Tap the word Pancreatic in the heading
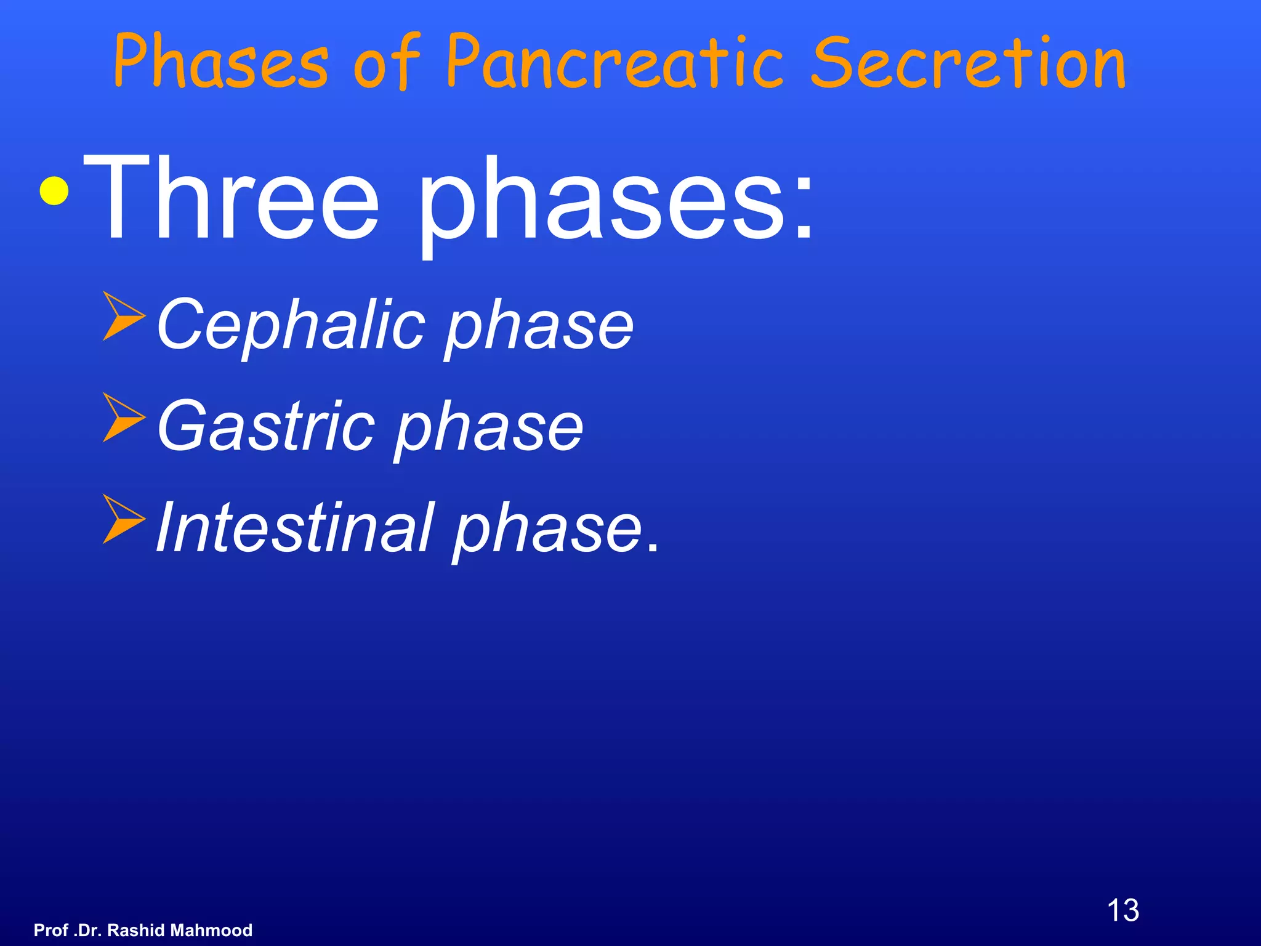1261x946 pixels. pyautogui.click(x=614, y=62)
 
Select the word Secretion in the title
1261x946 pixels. pyautogui.click(x=968, y=62)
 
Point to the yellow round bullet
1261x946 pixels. pyautogui.click(x=54, y=190)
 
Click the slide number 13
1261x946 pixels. pyautogui.click(x=1122, y=910)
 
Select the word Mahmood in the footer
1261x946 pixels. pyautogui.click(x=211, y=930)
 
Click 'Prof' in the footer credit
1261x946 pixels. pyautogui.click(x=50, y=930)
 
